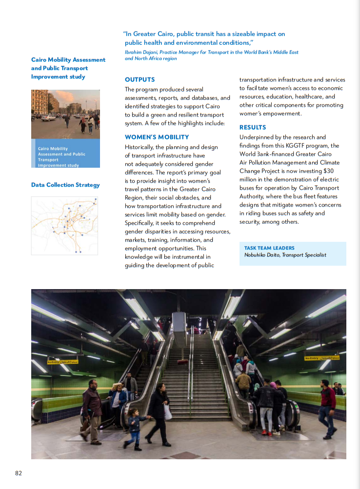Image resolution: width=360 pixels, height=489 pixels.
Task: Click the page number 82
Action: tap(19, 473)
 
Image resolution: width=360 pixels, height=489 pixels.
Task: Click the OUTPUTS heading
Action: tap(140, 79)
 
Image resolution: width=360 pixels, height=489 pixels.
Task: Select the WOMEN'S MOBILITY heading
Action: tap(157, 137)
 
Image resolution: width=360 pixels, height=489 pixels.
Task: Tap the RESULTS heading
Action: tap(253, 127)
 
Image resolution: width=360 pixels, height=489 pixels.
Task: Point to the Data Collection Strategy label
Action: tap(65, 185)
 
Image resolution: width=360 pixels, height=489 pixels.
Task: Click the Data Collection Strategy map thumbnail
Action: tap(64, 226)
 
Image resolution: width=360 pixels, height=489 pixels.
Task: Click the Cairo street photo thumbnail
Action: tap(65, 114)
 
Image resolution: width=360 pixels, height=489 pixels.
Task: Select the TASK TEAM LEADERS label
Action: tap(269, 248)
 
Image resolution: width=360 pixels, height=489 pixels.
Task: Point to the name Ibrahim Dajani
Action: tap(142, 52)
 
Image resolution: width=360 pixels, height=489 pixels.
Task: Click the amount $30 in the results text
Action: tap(329, 171)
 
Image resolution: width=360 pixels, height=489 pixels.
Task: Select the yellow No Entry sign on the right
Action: tap(321, 358)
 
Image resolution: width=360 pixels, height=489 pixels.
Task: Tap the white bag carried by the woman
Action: tap(167, 412)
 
